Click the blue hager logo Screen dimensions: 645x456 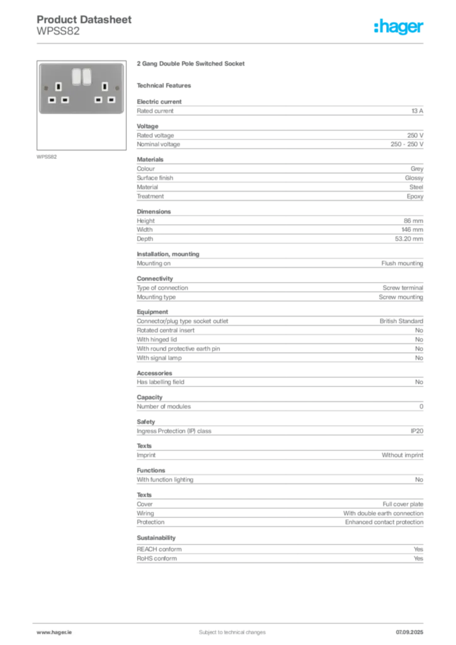(400, 27)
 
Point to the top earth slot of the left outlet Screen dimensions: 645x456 (59, 86)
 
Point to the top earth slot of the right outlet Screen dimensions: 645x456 (106, 86)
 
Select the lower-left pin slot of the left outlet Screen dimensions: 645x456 (52, 100)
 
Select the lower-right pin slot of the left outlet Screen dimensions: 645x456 (65, 100)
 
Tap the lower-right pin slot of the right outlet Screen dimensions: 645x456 (111, 100)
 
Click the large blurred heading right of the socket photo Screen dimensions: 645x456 (191, 64)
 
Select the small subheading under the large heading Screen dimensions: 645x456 (166, 85)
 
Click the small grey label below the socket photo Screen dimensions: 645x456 (48, 156)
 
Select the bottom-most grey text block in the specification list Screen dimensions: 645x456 (279, 551)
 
